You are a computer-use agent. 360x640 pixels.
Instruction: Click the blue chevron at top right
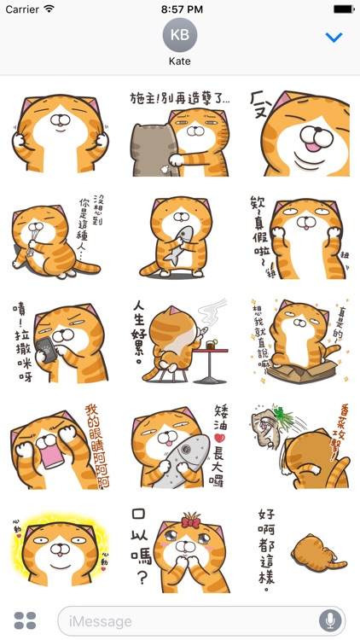[x=334, y=38]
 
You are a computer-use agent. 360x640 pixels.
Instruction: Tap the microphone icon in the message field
[x=329, y=620]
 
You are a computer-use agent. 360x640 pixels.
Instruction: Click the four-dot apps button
[x=26, y=620]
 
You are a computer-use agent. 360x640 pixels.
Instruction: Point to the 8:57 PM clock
[x=180, y=9]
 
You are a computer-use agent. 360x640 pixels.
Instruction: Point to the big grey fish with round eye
[x=183, y=452]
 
